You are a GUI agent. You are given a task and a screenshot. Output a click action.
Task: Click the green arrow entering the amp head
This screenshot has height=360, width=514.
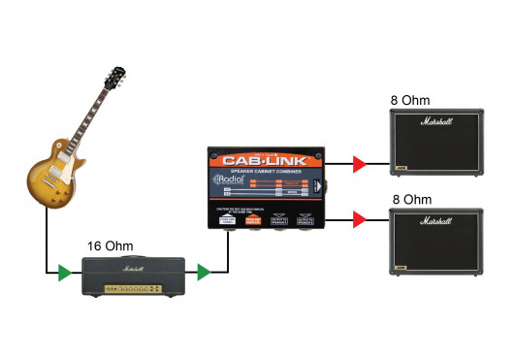65,273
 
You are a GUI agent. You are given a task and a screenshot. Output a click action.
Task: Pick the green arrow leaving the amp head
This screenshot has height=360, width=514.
204,273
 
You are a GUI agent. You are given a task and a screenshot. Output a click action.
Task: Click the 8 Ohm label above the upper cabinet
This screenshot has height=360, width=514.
410,101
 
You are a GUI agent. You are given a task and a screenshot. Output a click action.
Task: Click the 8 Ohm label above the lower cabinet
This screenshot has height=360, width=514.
410,199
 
